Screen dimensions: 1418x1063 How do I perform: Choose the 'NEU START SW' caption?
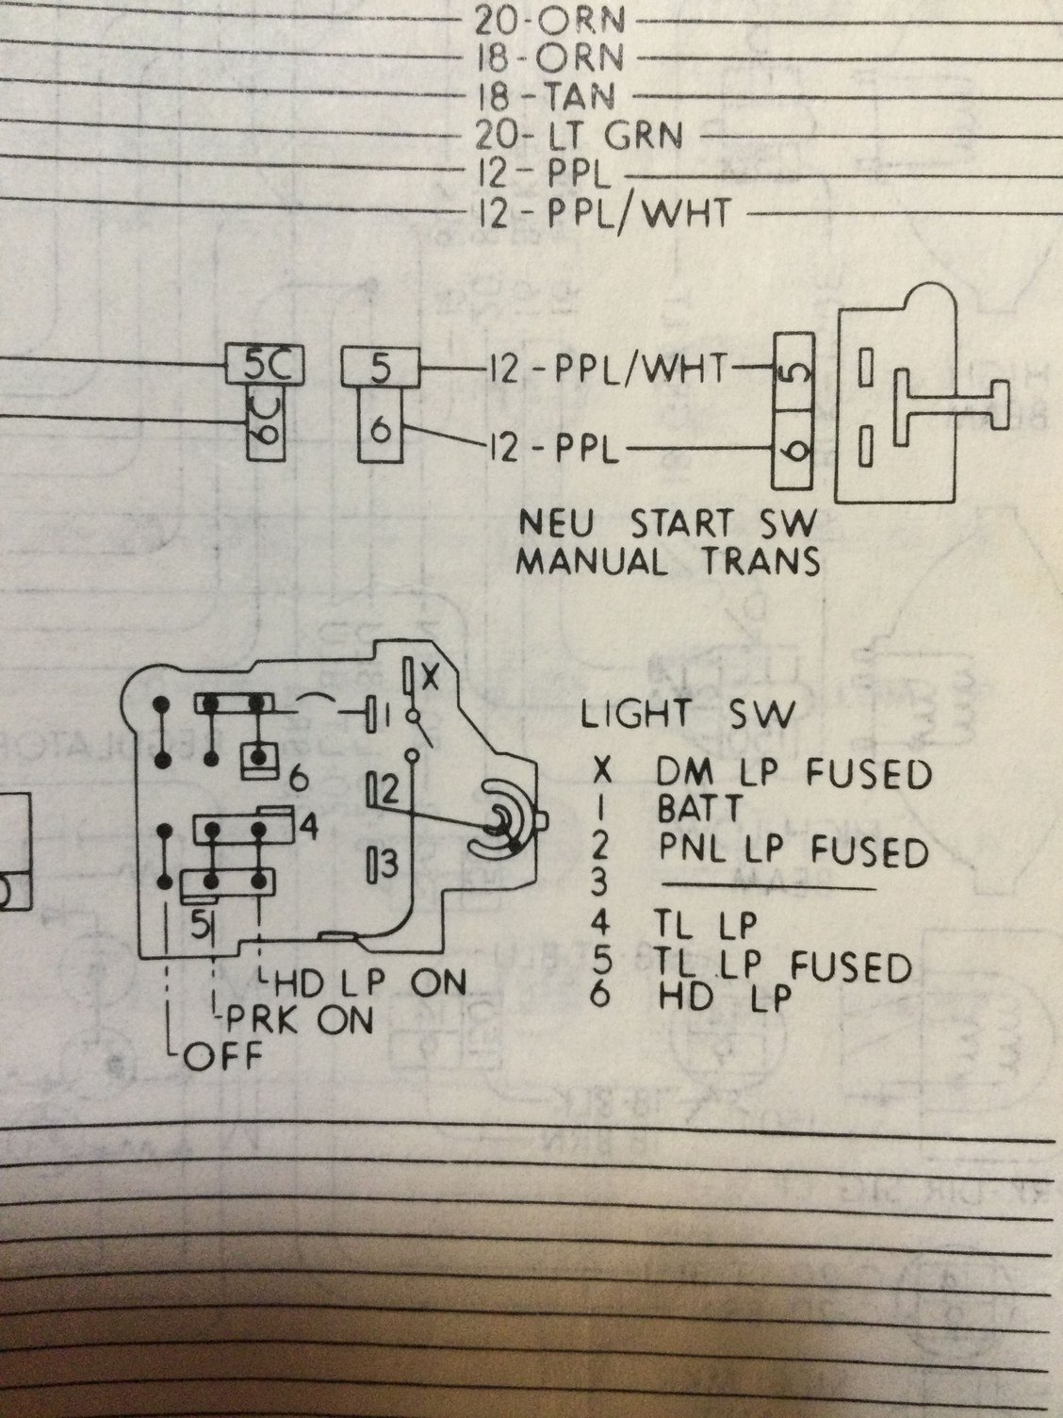pyautogui.click(x=670, y=520)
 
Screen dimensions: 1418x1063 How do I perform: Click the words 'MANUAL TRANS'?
pyautogui.click(x=670, y=561)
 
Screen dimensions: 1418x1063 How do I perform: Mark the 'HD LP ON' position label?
pyautogui.click(x=370, y=982)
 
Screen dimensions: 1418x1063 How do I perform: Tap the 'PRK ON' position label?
pyautogui.click(x=296, y=1018)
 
